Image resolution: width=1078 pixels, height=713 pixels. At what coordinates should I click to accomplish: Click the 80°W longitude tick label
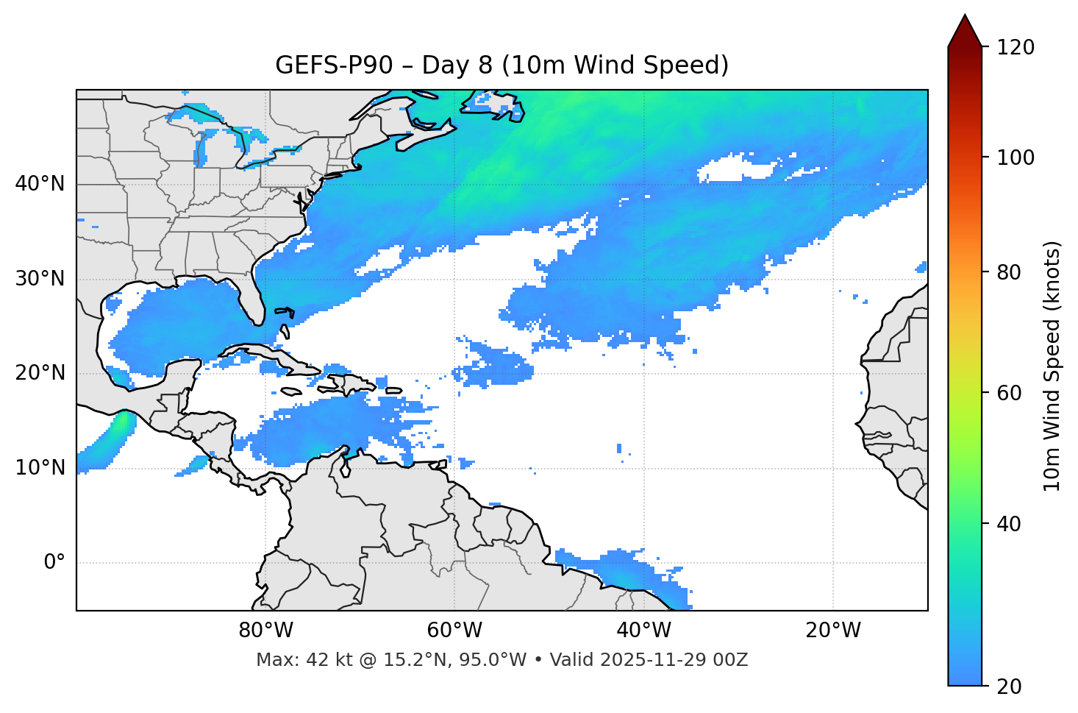[x=265, y=631]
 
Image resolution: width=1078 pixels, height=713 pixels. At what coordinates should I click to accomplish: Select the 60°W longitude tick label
[x=454, y=631]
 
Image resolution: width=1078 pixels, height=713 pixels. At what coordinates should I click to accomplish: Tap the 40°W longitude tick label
[x=643, y=631]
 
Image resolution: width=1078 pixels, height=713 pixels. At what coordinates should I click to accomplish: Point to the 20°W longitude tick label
[x=833, y=631]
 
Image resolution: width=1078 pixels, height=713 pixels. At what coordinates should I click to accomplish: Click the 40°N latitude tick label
[x=40, y=184]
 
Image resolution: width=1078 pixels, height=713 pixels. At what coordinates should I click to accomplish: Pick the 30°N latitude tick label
[x=40, y=279]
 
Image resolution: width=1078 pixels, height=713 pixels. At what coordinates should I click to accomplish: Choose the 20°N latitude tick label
[x=40, y=373]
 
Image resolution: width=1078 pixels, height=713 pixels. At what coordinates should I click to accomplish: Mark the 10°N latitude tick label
[x=40, y=468]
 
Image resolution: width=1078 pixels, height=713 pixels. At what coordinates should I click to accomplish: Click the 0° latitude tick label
[x=54, y=563]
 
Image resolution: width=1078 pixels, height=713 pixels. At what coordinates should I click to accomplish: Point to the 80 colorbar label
[x=1007, y=272]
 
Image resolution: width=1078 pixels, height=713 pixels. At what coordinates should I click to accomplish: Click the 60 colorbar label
[x=1007, y=393]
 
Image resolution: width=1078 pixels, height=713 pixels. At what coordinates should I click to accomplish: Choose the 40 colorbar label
[x=1007, y=524]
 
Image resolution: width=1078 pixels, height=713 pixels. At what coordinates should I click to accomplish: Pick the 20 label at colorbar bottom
[x=1007, y=687]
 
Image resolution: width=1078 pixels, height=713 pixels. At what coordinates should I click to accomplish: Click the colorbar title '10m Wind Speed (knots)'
[x=1052, y=366]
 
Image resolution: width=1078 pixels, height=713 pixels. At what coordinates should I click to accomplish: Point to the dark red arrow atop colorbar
[x=965, y=32]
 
